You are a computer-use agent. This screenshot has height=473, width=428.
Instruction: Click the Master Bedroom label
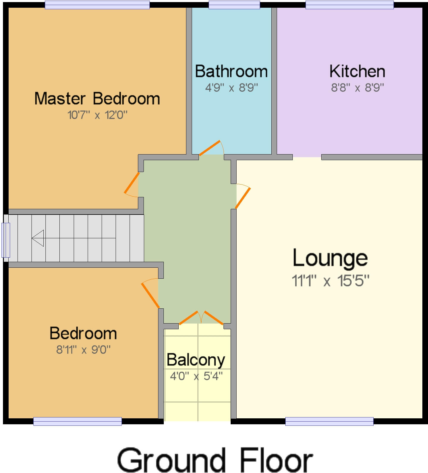click(97, 99)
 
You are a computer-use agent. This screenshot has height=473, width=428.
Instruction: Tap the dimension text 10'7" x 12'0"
click(97, 115)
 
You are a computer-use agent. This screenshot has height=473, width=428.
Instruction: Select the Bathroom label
click(231, 72)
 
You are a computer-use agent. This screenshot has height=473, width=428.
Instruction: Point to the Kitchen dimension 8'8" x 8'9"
click(357, 88)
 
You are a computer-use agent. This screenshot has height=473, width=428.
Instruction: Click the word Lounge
click(330, 258)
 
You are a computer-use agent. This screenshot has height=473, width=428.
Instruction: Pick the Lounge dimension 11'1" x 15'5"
click(330, 280)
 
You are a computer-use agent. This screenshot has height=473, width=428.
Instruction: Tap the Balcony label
click(196, 360)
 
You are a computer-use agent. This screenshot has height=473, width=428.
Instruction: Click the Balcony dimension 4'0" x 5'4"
click(196, 376)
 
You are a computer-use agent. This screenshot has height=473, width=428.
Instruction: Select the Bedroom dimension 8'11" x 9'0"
click(83, 350)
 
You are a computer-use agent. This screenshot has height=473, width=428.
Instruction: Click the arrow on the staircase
click(38, 238)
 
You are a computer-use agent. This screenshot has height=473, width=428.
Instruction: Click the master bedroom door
click(132, 182)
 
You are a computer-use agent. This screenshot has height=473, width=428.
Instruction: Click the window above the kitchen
click(350, 5)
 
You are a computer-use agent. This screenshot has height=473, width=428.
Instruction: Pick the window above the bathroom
click(234, 5)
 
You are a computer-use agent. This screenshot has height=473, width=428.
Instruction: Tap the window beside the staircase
click(6, 240)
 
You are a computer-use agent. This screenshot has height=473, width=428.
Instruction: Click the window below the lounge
click(329, 421)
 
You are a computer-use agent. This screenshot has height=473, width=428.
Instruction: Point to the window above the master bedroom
click(97, 5)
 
